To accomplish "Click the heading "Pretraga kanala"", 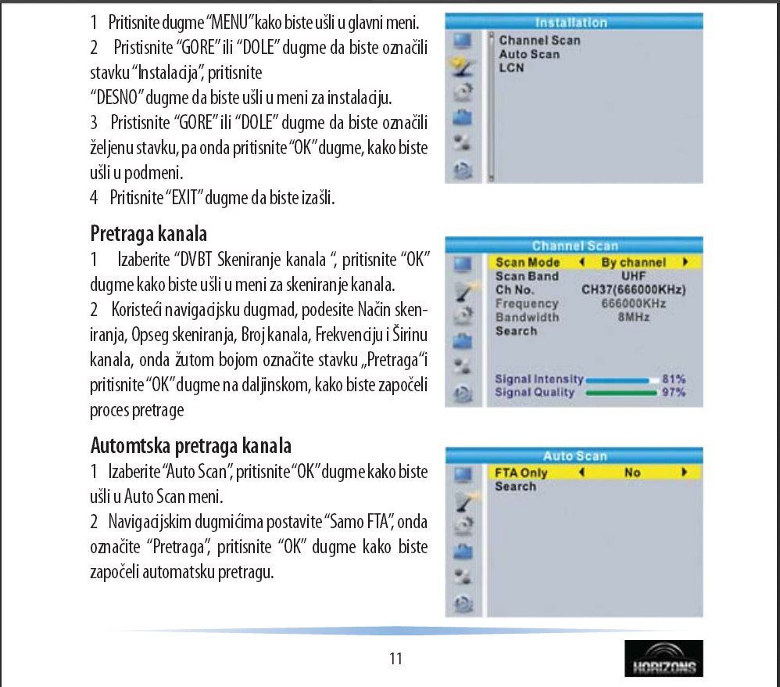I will (x=148, y=232).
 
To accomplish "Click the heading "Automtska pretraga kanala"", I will (x=191, y=445).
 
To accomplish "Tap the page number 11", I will (x=395, y=659).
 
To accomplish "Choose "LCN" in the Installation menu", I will (x=512, y=68).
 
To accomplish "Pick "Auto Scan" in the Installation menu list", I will (x=529, y=54).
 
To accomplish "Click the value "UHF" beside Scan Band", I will (x=633, y=276).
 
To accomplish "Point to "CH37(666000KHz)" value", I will (x=633, y=290).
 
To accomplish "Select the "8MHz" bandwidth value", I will (x=633, y=317).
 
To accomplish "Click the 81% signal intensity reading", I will (x=673, y=379).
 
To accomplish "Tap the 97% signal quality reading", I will (x=673, y=392).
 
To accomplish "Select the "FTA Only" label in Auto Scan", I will (x=521, y=473).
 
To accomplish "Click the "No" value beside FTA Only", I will (x=632, y=473).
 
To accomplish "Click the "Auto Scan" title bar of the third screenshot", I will (x=574, y=456).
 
